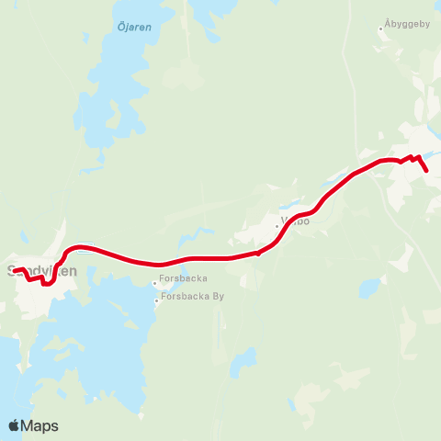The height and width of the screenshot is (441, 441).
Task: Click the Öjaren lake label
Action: pos(134,28)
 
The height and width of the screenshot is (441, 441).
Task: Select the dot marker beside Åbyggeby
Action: pos(381,28)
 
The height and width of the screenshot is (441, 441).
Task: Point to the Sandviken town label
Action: pos(40,271)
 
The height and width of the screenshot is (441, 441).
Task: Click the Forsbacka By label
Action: pos(193,297)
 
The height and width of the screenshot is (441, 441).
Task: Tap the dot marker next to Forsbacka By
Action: pos(156,298)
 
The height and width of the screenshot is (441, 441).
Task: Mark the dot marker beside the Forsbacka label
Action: pos(154,282)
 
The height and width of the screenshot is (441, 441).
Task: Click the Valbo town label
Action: pos(296,221)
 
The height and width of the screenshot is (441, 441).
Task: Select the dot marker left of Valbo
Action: pos(277,225)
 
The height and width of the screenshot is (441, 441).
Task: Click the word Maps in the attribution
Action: pos(40,425)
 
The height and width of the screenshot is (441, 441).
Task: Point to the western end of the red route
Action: pos(14,269)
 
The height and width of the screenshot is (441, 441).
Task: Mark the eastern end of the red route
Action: pos(427,171)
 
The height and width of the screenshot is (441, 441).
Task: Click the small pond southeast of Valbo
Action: pos(369,288)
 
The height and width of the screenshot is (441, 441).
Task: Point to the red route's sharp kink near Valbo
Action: pos(258,254)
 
